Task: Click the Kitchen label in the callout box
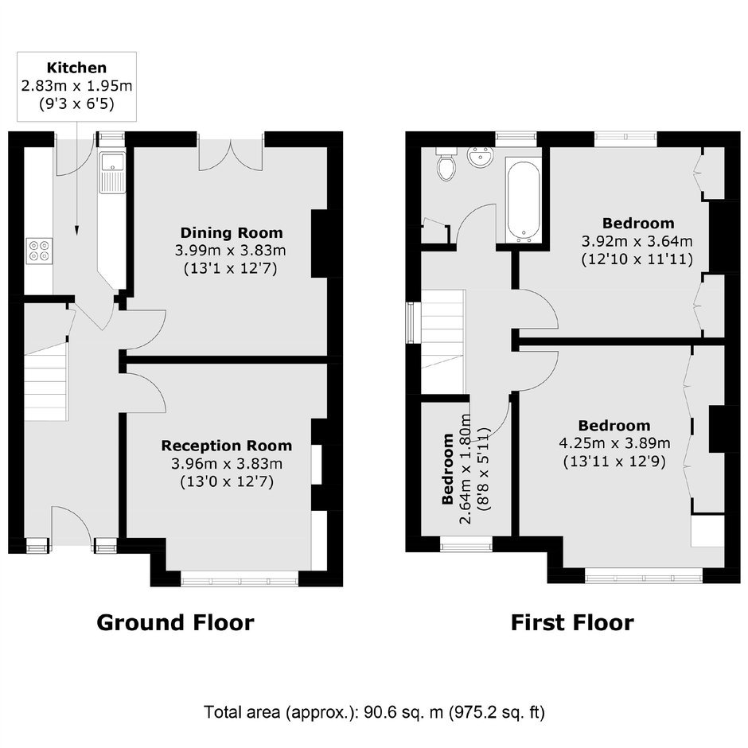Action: pyautogui.click(x=76, y=68)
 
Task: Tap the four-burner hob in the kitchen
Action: pyautogui.click(x=39, y=251)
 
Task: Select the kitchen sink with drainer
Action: pyautogui.click(x=112, y=173)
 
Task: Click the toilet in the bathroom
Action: pyautogui.click(x=446, y=164)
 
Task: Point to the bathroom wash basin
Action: pyautogui.click(x=481, y=157)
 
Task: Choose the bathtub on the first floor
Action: pyautogui.click(x=524, y=202)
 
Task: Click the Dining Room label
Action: pyautogui.click(x=232, y=233)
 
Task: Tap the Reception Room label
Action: pyautogui.click(x=227, y=446)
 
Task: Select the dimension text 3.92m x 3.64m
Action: pyautogui.click(x=637, y=241)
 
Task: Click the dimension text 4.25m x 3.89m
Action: pyautogui.click(x=614, y=443)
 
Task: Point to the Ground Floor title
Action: pyautogui.click(x=175, y=622)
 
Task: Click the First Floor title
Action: pyautogui.click(x=572, y=622)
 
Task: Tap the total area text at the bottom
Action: pyautogui.click(x=374, y=712)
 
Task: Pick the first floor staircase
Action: pyautogui.click(x=442, y=341)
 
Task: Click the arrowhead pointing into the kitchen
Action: pyautogui.click(x=76, y=231)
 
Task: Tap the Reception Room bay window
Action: pyautogui.click(x=240, y=581)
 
